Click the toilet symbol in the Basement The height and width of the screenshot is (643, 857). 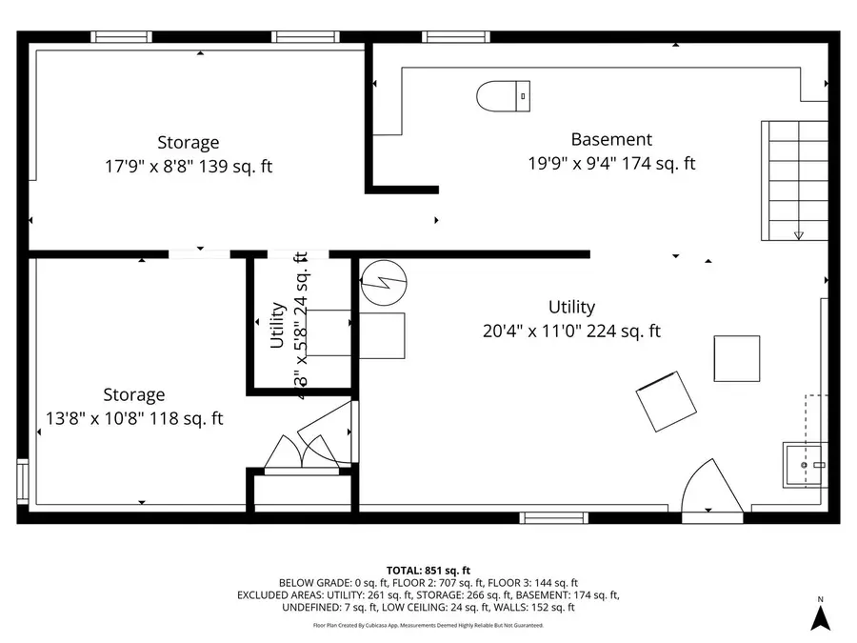click(502, 95)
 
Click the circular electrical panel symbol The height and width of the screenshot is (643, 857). click(383, 282)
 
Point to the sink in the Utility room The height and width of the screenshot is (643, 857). click(805, 464)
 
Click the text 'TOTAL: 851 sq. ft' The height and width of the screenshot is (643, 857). click(428, 569)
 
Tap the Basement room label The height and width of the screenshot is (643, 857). click(611, 139)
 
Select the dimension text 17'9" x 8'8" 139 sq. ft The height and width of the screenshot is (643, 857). click(188, 166)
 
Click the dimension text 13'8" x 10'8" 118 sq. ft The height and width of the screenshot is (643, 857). click(134, 418)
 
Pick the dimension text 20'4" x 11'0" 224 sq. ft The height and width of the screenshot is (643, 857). click(571, 332)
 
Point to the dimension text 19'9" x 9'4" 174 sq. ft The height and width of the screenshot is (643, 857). click(611, 163)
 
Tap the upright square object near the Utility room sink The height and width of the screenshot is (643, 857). click(737, 358)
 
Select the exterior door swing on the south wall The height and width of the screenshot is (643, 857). click(712, 489)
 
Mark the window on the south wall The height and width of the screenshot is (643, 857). click(551, 517)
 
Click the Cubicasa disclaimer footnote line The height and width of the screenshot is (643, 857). click(428, 626)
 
